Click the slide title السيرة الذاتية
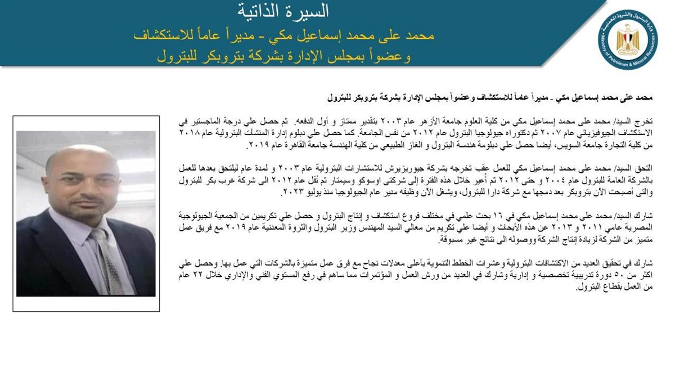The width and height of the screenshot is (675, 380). point(283,11)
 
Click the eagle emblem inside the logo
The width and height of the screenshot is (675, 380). point(628,39)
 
